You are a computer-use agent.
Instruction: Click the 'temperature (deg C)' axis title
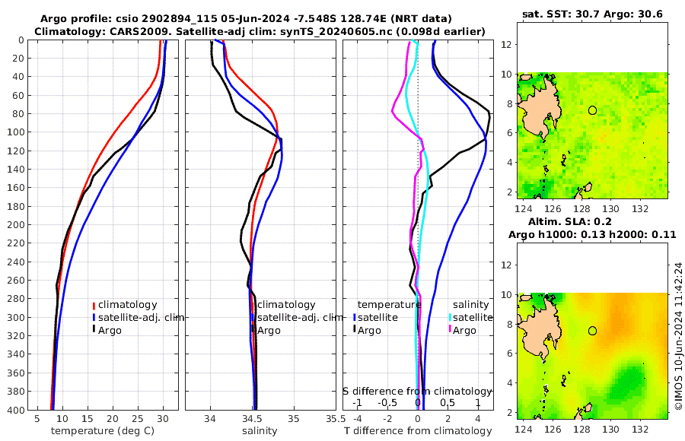[103, 431]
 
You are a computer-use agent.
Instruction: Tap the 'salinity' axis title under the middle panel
[259, 431]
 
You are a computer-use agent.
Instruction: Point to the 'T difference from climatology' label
[418, 431]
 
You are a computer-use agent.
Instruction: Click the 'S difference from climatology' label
[417, 391]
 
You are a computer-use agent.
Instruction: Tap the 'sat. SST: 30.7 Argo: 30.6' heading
[593, 14]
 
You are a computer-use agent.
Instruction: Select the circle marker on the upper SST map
[593, 110]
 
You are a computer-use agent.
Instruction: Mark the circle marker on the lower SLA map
[593, 331]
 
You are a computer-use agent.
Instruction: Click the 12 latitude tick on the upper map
[505, 45]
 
